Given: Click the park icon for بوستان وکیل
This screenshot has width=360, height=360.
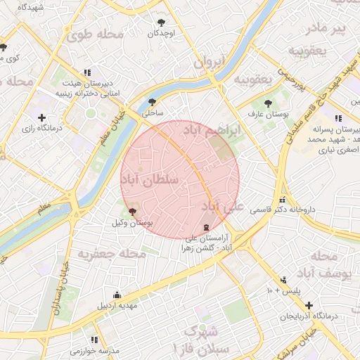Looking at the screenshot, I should pos(132,212).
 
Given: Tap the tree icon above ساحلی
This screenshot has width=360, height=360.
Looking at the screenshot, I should pos(153,101).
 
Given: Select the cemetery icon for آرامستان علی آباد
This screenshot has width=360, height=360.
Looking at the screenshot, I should pos(205,227).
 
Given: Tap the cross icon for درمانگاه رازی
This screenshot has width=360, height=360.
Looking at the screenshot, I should pos(41,117).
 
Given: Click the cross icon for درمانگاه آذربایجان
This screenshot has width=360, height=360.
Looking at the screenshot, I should pos(309,304).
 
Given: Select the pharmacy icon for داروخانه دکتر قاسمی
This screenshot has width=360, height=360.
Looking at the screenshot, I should pos(283,199).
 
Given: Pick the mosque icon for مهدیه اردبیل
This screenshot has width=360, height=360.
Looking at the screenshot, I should pos(117,295).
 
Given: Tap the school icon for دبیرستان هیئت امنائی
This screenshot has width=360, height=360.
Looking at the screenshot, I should pos(87,72).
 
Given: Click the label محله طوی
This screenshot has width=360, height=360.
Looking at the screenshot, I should pos(100,33).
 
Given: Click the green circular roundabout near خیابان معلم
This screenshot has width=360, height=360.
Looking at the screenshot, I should pos(90,112).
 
